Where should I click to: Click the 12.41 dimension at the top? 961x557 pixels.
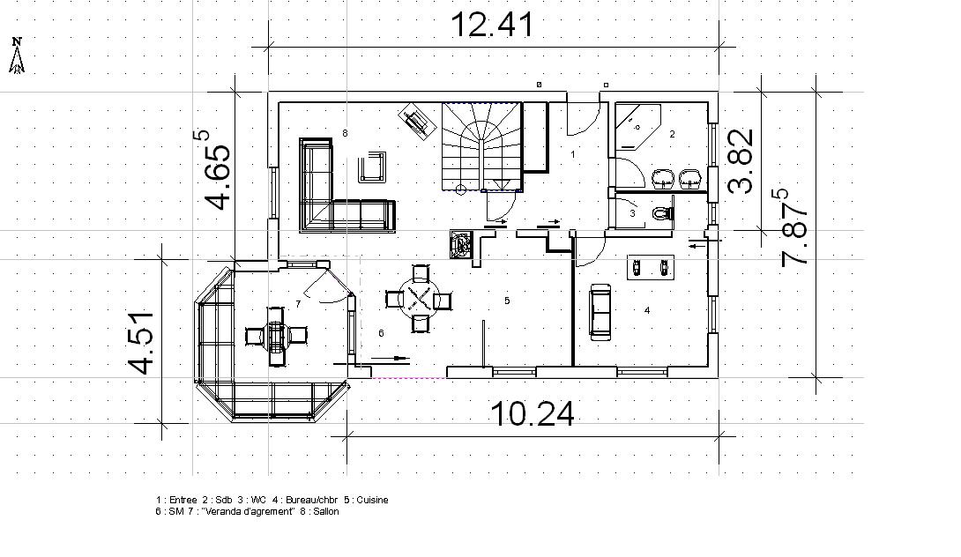pyautogui.click(x=492, y=25)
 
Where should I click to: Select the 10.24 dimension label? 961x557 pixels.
pyautogui.click(x=533, y=413)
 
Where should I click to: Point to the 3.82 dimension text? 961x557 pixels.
pyautogui.click(x=741, y=161)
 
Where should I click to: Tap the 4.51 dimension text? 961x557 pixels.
pyautogui.click(x=141, y=342)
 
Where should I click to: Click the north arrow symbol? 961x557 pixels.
pyautogui.click(x=17, y=56)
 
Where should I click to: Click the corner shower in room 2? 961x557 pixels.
pyautogui.click(x=638, y=127)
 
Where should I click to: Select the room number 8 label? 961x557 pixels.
pyautogui.click(x=345, y=133)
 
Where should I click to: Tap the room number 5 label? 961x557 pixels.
pyautogui.click(x=507, y=301)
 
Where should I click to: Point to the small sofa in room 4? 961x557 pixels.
pyautogui.click(x=600, y=311)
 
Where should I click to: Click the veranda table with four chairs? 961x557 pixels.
pyautogui.click(x=277, y=336)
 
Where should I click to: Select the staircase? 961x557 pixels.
pyautogui.click(x=482, y=147)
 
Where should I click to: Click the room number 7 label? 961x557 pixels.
pyautogui.click(x=299, y=304)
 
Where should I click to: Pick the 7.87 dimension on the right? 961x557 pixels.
pyautogui.click(x=795, y=227)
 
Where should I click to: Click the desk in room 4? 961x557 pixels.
pyautogui.click(x=651, y=267)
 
